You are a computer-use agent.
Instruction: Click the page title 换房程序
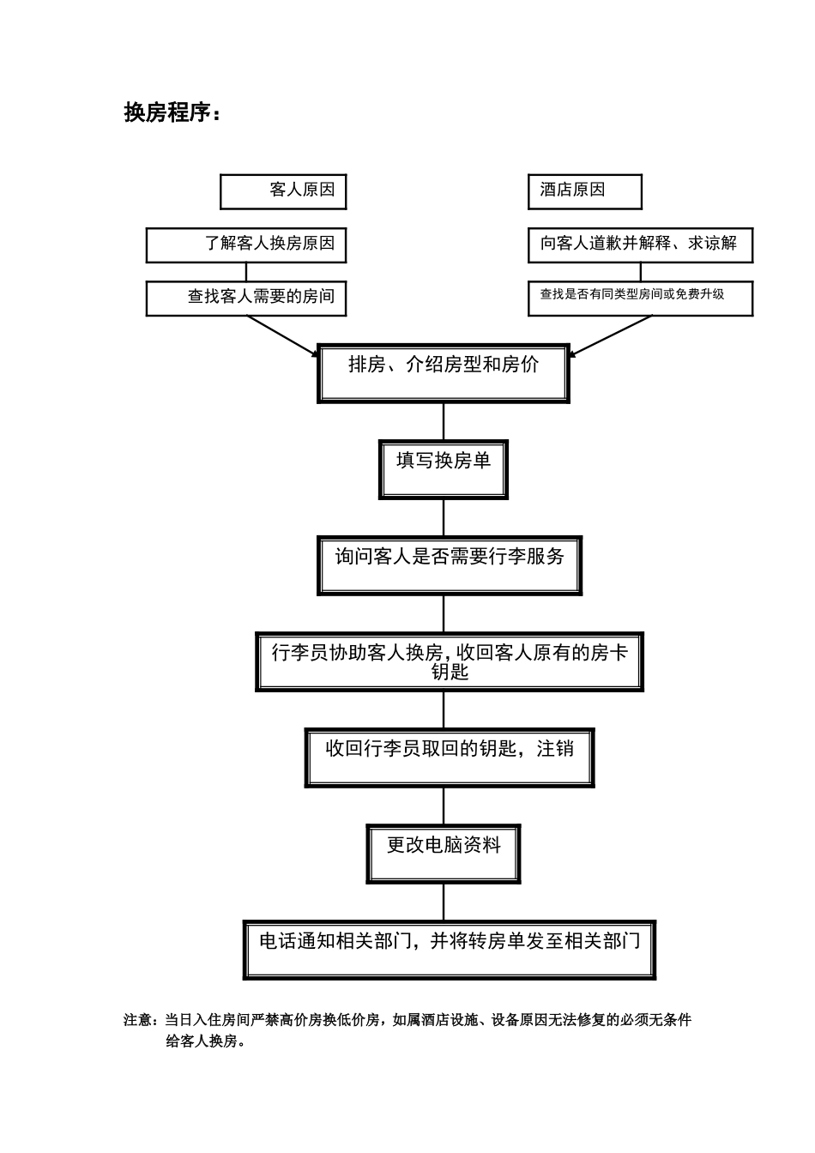click(172, 112)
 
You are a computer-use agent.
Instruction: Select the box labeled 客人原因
click(283, 191)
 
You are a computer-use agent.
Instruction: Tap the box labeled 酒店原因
click(584, 191)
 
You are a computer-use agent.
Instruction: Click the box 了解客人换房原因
click(246, 244)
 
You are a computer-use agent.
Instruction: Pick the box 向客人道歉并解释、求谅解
click(640, 244)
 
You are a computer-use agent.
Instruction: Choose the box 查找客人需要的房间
click(246, 298)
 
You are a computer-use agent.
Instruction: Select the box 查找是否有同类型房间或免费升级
click(640, 298)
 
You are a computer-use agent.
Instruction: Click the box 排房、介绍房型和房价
click(444, 373)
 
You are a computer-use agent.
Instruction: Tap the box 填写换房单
click(444, 468)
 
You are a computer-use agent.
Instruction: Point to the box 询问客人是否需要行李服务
click(450, 565)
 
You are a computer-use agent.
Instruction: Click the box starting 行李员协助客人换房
click(450, 661)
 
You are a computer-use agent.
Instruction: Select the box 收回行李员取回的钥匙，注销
click(450, 758)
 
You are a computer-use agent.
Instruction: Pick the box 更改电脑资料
click(444, 854)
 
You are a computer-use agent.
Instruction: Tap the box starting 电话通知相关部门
click(450, 950)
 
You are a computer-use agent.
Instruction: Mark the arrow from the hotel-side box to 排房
click(611, 335)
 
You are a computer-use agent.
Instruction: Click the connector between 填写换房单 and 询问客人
click(444, 517)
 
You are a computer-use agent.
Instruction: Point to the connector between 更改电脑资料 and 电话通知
click(444, 902)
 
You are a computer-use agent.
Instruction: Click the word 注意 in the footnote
click(138, 1021)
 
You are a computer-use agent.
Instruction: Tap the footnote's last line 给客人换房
click(205, 1041)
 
